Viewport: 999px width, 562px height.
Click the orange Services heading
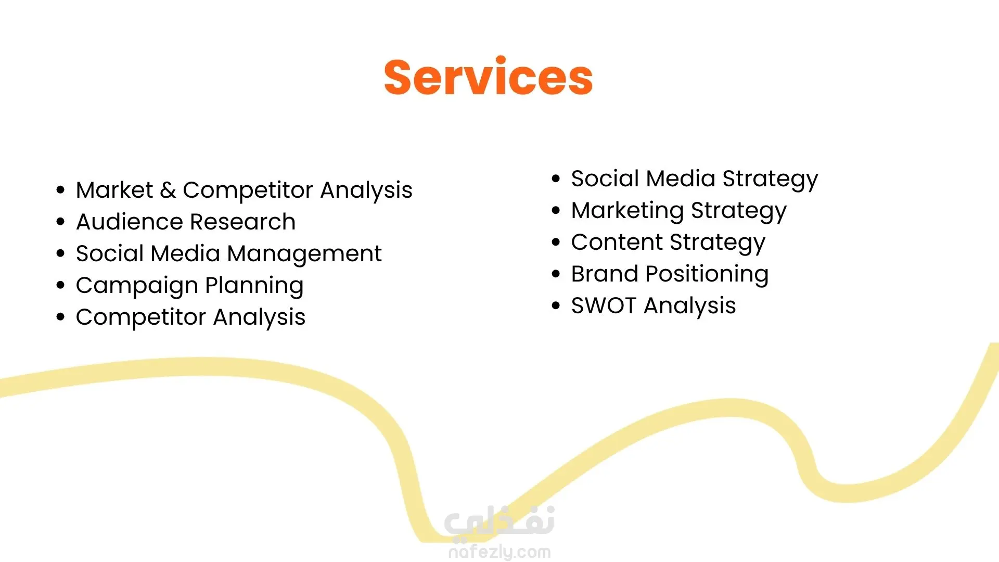[x=488, y=77]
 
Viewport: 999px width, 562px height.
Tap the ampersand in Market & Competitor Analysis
[x=168, y=190]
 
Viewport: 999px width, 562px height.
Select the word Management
[x=304, y=254]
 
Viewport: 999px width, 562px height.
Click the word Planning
[x=254, y=286]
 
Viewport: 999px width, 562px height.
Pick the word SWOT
[x=604, y=305]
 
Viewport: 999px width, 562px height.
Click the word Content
[x=617, y=242]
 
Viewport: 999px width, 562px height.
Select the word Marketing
[x=627, y=211]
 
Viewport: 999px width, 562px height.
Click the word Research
[x=241, y=222]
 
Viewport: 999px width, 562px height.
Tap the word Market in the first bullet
[x=114, y=190]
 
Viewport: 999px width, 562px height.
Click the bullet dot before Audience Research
[x=61, y=222]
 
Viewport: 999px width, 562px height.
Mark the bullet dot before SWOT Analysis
[x=556, y=305]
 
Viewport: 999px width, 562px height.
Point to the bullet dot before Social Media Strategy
[x=556, y=178]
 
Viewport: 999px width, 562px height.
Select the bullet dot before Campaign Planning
[x=61, y=286]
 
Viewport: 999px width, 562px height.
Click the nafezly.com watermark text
[x=499, y=552]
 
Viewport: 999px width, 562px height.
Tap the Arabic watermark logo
[x=499, y=522]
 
